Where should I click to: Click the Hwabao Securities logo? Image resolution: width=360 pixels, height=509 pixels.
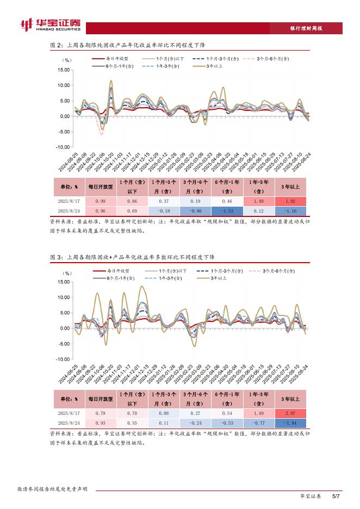click(x=49, y=26)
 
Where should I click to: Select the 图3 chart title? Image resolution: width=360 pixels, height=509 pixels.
click(x=132, y=257)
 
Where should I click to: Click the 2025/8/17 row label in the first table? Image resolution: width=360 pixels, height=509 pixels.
click(x=69, y=201)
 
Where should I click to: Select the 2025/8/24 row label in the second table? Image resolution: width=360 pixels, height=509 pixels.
click(x=69, y=423)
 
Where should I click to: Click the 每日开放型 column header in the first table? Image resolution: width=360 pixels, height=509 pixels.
click(x=101, y=187)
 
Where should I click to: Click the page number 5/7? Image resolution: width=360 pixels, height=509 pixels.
click(x=336, y=496)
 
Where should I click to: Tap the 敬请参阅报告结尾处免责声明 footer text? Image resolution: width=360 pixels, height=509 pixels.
click(x=52, y=489)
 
